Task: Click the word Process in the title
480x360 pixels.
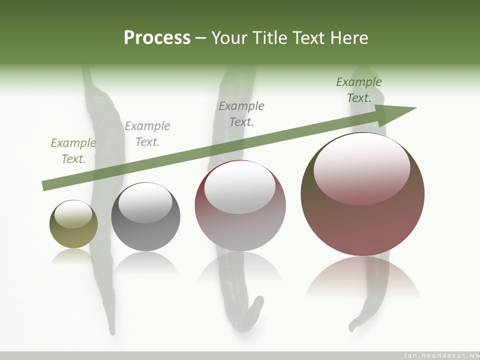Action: [x=157, y=38]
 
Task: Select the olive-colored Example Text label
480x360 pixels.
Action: [x=73, y=151]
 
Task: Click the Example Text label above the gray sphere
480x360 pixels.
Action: [x=147, y=134]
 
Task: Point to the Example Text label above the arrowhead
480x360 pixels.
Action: [x=358, y=90]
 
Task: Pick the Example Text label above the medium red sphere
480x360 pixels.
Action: [x=241, y=114]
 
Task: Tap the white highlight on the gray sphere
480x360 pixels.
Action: [x=145, y=201]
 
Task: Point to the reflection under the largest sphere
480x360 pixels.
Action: [x=362, y=277]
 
